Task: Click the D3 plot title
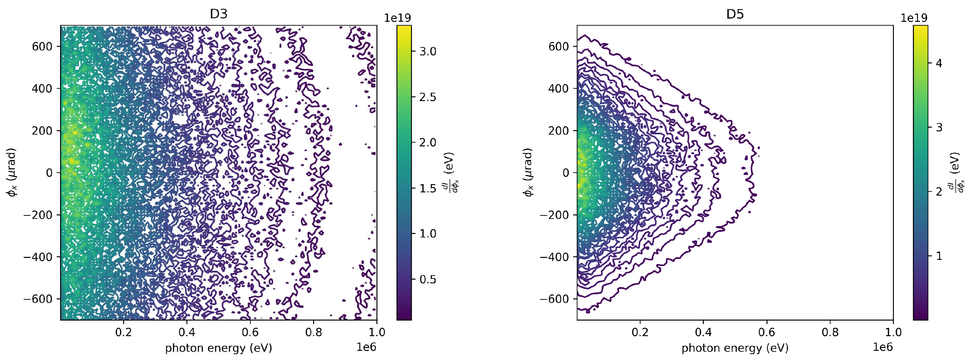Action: pos(219,14)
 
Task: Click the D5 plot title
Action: pos(735,14)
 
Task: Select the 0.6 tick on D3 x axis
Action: pos(250,332)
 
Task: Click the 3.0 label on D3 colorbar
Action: pos(428,52)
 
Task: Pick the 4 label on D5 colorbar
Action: pos(939,63)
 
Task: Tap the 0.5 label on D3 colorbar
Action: pos(428,279)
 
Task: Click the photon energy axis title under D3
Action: pos(219,348)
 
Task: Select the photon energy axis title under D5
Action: pos(735,348)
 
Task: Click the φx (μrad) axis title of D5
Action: pos(528,172)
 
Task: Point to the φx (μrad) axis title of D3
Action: pos(12,172)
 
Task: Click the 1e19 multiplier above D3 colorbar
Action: pos(398,18)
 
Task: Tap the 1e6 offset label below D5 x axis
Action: pos(883,347)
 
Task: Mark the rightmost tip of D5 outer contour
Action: pos(759,148)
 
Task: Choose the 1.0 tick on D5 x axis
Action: pos(893,332)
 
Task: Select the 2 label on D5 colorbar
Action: pos(939,192)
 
